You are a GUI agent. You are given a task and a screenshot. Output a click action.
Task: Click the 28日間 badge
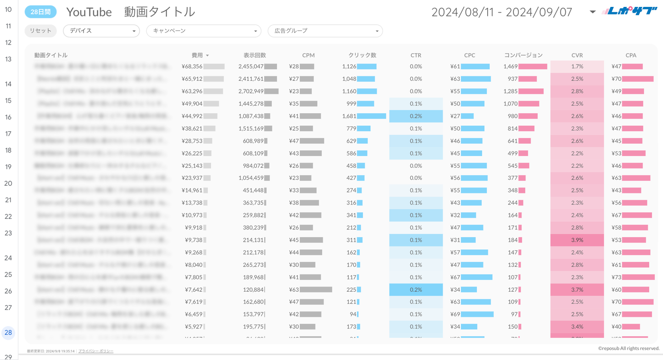pyautogui.click(x=40, y=12)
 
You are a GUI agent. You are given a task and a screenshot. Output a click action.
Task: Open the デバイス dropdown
pyautogui.click(x=101, y=31)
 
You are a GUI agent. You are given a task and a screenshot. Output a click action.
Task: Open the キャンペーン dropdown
pyautogui.click(x=203, y=31)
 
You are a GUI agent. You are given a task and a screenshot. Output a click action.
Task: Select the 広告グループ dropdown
pyautogui.click(x=325, y=31)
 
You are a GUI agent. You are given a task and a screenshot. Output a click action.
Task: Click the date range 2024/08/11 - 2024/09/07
pyautogui.click(x=502, y=12)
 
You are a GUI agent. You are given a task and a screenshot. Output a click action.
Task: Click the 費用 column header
pyautogui.click(x=198, y=55)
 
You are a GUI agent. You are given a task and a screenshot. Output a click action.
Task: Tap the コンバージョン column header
pyautogui.click(x=523, y=55)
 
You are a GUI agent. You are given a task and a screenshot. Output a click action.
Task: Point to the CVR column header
pyautogui.click(x=577, y=55)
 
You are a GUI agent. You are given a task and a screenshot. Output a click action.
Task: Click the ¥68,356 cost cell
pyautogui.click(x=192, y=66)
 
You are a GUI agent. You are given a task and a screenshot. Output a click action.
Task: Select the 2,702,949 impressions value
pyautogui.click(x=251, y=91)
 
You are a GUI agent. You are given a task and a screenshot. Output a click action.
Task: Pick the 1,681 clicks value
pyautogui.click(x=349, y=116)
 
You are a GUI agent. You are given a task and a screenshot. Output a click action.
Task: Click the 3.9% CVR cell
pyautogui.click(x=577, y=240)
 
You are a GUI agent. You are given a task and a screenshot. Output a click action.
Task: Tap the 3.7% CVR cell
pyautogui.click(x=577, y=289)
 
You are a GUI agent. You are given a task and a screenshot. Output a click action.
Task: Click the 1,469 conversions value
pyautogui.click(x=510, y=66)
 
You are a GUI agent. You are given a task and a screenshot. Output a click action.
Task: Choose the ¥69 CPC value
pyautogui.click(x=455, y=314)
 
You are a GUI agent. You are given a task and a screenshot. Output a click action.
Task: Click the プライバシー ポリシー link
pyautogui.click(x=96, y=351)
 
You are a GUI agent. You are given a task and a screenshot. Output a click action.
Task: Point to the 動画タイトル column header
pyautogui.click(x=50, y=55)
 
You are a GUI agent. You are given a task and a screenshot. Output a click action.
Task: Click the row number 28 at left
pyautogui.click(x=8, y=332)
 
